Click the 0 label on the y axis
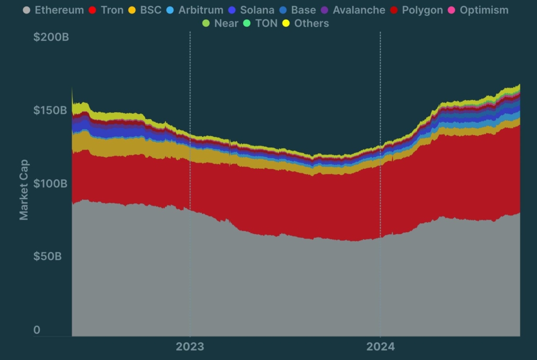point(37,330)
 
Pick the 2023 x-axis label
point(190,346)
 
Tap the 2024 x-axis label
point(380,346)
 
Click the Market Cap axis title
point(24,190)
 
